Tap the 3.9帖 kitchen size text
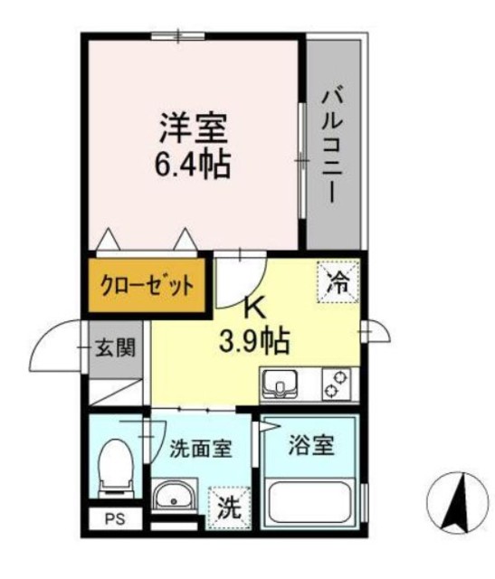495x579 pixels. point(253,341)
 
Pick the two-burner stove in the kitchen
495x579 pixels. point(337,385)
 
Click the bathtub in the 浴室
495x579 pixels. point(311,505)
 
